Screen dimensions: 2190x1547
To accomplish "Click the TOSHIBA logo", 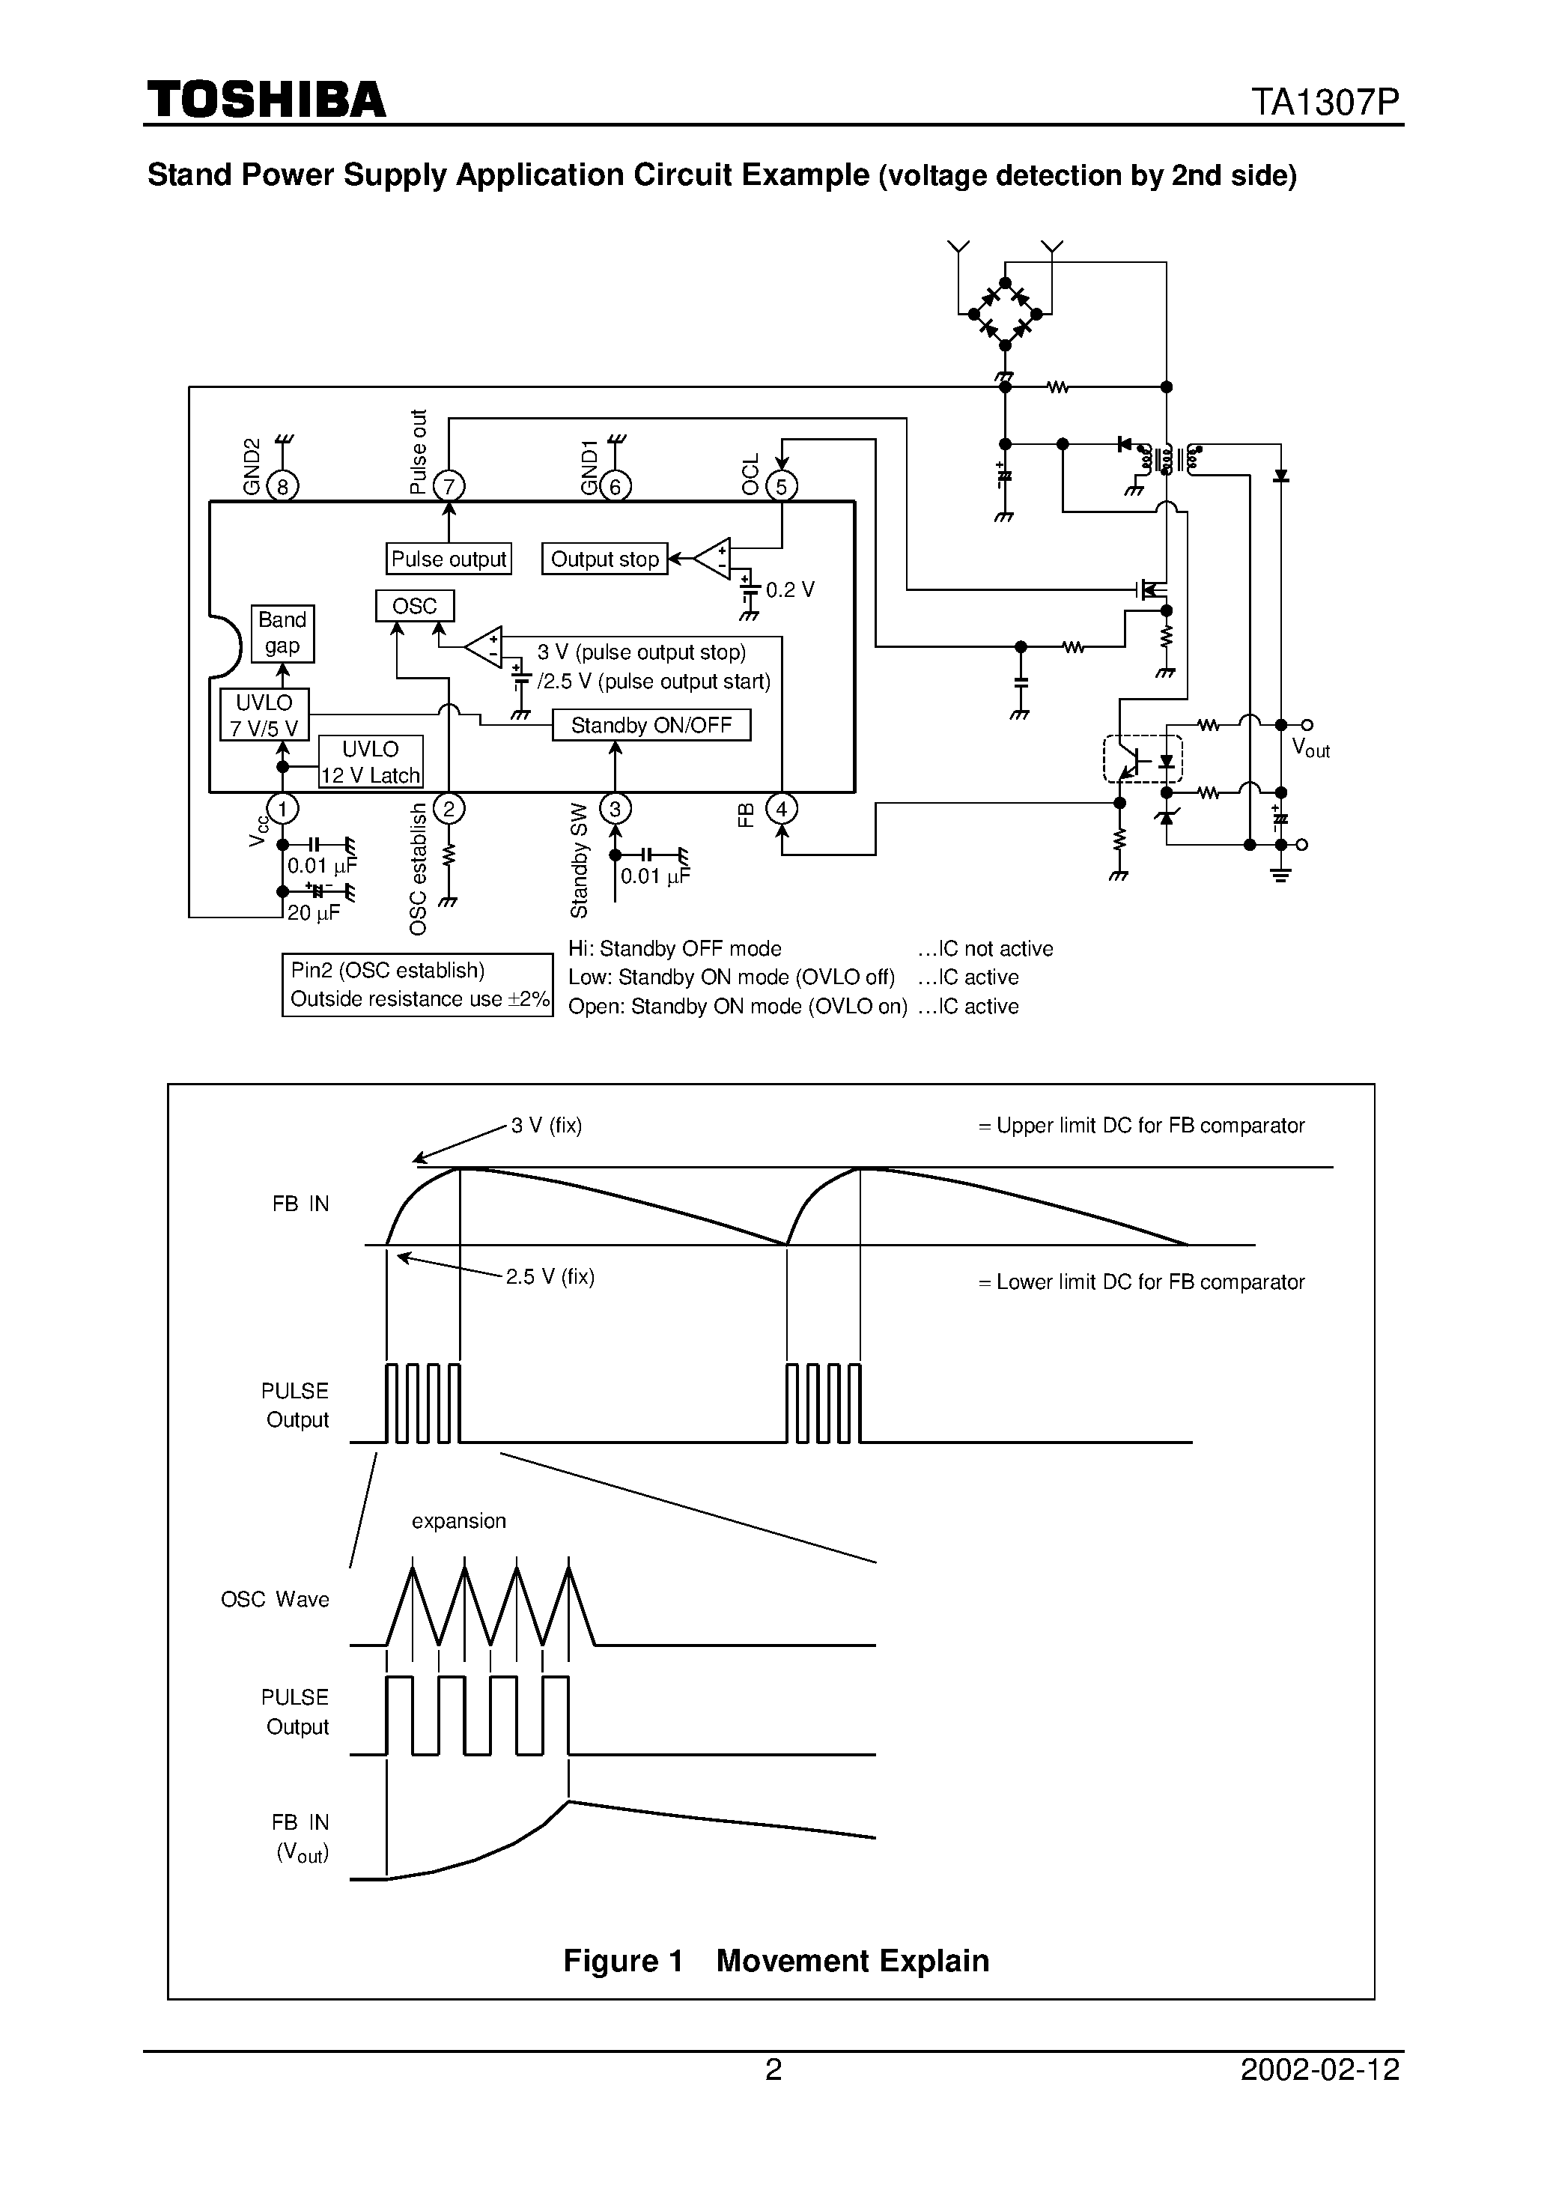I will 266,100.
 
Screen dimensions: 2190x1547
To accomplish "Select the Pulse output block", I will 449,559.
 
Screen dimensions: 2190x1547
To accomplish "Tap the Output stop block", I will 605,559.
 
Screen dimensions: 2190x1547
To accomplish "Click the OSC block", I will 414,607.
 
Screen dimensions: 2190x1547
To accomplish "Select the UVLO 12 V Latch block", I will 370,762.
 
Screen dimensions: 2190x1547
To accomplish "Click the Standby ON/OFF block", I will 651,725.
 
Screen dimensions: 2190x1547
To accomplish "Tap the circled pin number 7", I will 449,486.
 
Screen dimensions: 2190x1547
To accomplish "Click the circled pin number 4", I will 781,810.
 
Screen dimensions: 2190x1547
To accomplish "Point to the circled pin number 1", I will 282,810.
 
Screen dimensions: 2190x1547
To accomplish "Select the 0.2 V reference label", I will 790,590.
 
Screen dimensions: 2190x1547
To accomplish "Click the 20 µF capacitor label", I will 314,913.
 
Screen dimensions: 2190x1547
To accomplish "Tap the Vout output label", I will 1310,749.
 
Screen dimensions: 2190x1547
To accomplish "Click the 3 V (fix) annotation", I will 546,1126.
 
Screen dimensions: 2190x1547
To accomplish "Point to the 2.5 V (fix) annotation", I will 550,1277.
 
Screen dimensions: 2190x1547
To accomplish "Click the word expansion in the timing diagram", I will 459,1521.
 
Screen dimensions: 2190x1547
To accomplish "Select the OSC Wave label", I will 275,1600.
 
